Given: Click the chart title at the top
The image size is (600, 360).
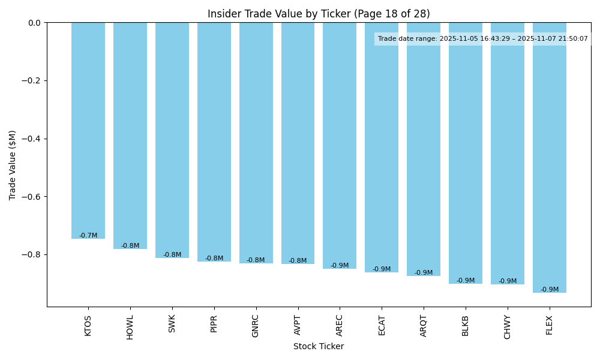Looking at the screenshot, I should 319,14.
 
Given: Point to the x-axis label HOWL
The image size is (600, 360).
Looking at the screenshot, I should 130,327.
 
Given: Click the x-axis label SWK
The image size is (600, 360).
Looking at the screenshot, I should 172,324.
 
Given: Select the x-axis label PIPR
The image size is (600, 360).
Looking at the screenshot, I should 214,325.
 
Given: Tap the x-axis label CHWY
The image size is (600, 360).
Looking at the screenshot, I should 508,327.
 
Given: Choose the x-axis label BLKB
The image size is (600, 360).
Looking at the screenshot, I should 466,325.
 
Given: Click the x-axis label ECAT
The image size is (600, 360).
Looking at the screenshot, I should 382,325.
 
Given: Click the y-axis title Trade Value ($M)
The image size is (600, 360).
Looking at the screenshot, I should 13,165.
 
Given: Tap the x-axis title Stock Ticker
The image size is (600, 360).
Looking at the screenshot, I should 319,347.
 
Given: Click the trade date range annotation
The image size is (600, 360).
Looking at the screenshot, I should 483,39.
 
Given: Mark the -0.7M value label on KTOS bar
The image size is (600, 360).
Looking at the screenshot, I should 88,236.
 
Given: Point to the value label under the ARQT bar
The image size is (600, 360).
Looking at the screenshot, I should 424,273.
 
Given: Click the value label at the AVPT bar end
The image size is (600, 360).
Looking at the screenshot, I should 298,261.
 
